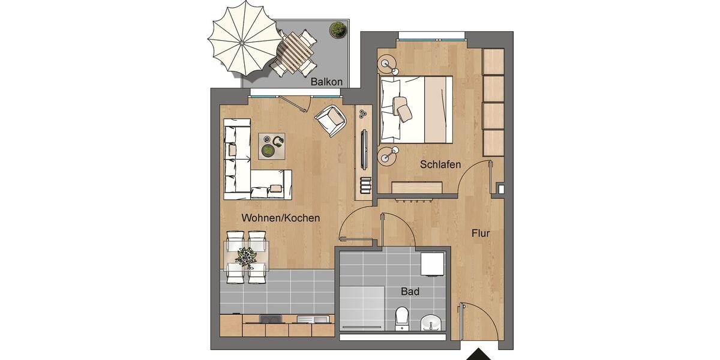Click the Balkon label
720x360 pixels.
coord(326,82)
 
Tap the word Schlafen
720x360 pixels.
coord(440,164)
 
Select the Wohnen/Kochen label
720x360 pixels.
coord(281,218)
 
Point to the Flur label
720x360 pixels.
coord(481,233)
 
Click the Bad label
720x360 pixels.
coord(410,292)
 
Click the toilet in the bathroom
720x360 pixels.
coord(402,319)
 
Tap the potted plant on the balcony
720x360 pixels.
coord(338,29)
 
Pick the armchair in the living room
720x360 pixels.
coord(331,121)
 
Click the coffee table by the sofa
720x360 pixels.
coord(272,146)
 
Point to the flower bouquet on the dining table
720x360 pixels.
coord(246,257)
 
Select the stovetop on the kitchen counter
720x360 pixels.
coord(271,319)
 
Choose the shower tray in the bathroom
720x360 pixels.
coord(362,308)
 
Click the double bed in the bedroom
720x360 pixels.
coord(416,110)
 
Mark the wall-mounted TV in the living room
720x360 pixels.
coord(364,149)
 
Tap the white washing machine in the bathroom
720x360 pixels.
coord(433,264)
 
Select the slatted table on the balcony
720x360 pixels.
coord(296,52)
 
